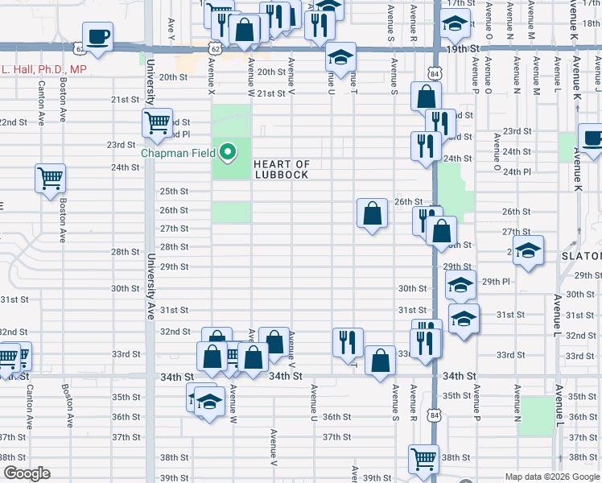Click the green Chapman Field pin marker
click(x=229, y=151)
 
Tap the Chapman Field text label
click(x=182, y=152)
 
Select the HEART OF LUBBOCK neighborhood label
click(x=281, y=169)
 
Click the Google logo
click(x=27, y=473)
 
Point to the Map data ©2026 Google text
click(x=551, y=477)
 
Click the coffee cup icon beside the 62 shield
click(x=98, y=37)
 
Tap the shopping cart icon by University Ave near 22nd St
click(x=156, y=122)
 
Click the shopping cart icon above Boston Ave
click(x=50, y=178)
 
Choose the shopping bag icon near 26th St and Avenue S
click(x=372, y=214)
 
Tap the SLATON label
click(x=581, y=256)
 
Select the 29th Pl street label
click(x=496, y=282)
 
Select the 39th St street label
click(x=174, y=477)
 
